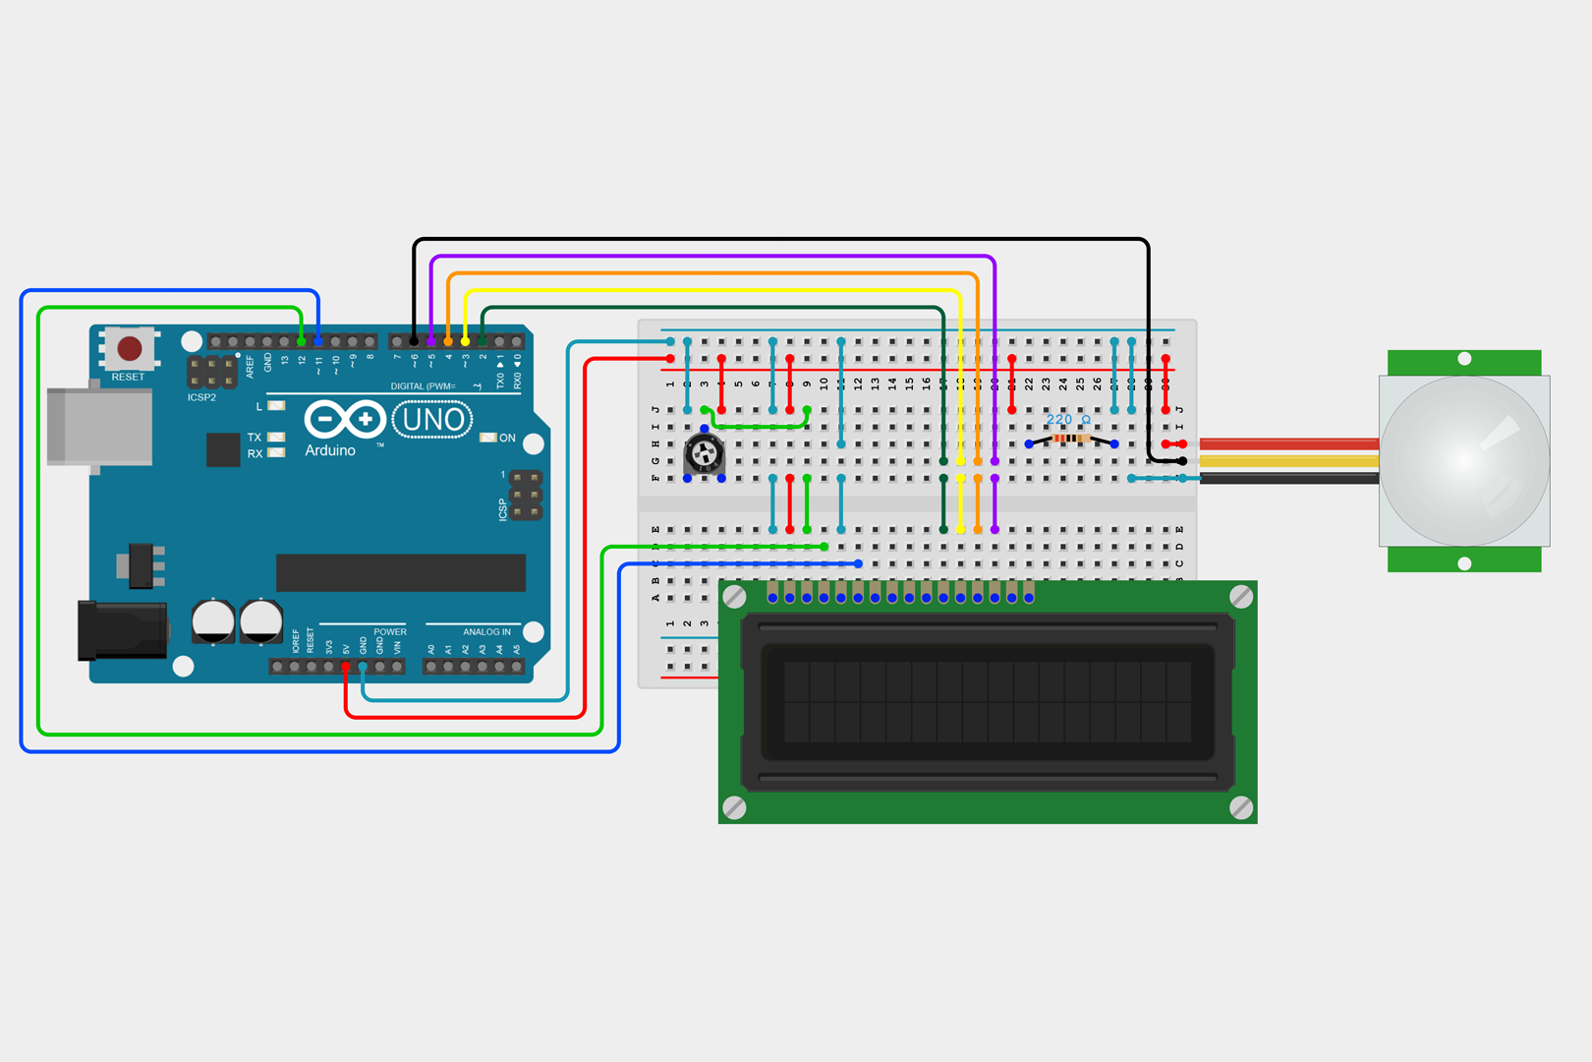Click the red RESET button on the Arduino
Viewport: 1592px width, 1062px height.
[129, 348]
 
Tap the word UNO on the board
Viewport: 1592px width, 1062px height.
[432, 421]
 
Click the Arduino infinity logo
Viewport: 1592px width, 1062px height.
[344, 420]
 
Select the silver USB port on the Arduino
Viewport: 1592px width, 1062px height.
[99, 426]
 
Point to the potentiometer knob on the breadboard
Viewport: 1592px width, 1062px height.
[704, 453]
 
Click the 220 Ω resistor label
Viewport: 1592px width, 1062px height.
[1067, 420]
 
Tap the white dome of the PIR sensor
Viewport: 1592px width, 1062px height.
[1464, 460]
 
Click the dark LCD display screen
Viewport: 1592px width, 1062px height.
[987, 702]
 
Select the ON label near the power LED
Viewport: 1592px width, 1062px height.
[507, 438]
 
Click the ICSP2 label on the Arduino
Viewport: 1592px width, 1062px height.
[201, 397]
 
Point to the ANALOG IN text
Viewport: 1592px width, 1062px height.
[486, 632]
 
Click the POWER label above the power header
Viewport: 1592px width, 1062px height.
[389, 632]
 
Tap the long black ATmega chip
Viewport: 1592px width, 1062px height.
[401, 572]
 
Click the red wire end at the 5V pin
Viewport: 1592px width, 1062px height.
[346, 668]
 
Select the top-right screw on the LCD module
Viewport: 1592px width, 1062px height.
[1241, 596]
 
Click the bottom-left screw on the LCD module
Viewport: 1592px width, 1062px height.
[734, 807]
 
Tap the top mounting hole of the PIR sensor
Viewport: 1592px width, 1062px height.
[1464, 359]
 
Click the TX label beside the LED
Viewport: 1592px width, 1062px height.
[255, 438]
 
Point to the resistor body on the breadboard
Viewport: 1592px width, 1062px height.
[1071, 439]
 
